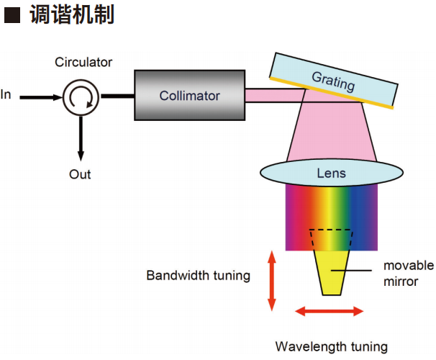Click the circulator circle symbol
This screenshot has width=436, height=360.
coord(80,94)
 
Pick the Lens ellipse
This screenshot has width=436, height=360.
coord(331,173)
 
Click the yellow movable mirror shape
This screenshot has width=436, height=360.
coord(331,270)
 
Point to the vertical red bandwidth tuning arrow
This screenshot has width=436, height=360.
coord(271,281)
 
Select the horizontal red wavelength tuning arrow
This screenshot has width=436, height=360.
coord(330,311)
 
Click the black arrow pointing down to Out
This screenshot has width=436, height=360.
coord(80,137)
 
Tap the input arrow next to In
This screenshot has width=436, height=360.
coord(40,94)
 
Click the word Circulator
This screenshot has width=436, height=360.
coord(83,62)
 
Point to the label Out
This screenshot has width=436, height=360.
coord(80,174)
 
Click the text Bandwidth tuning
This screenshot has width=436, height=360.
coord(199,275)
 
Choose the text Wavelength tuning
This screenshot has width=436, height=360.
coord(331,346)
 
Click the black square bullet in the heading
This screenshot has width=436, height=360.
coord(12,15)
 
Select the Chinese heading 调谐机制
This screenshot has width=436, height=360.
coord(72,15)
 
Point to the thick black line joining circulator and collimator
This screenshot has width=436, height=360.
coord(117,94)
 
